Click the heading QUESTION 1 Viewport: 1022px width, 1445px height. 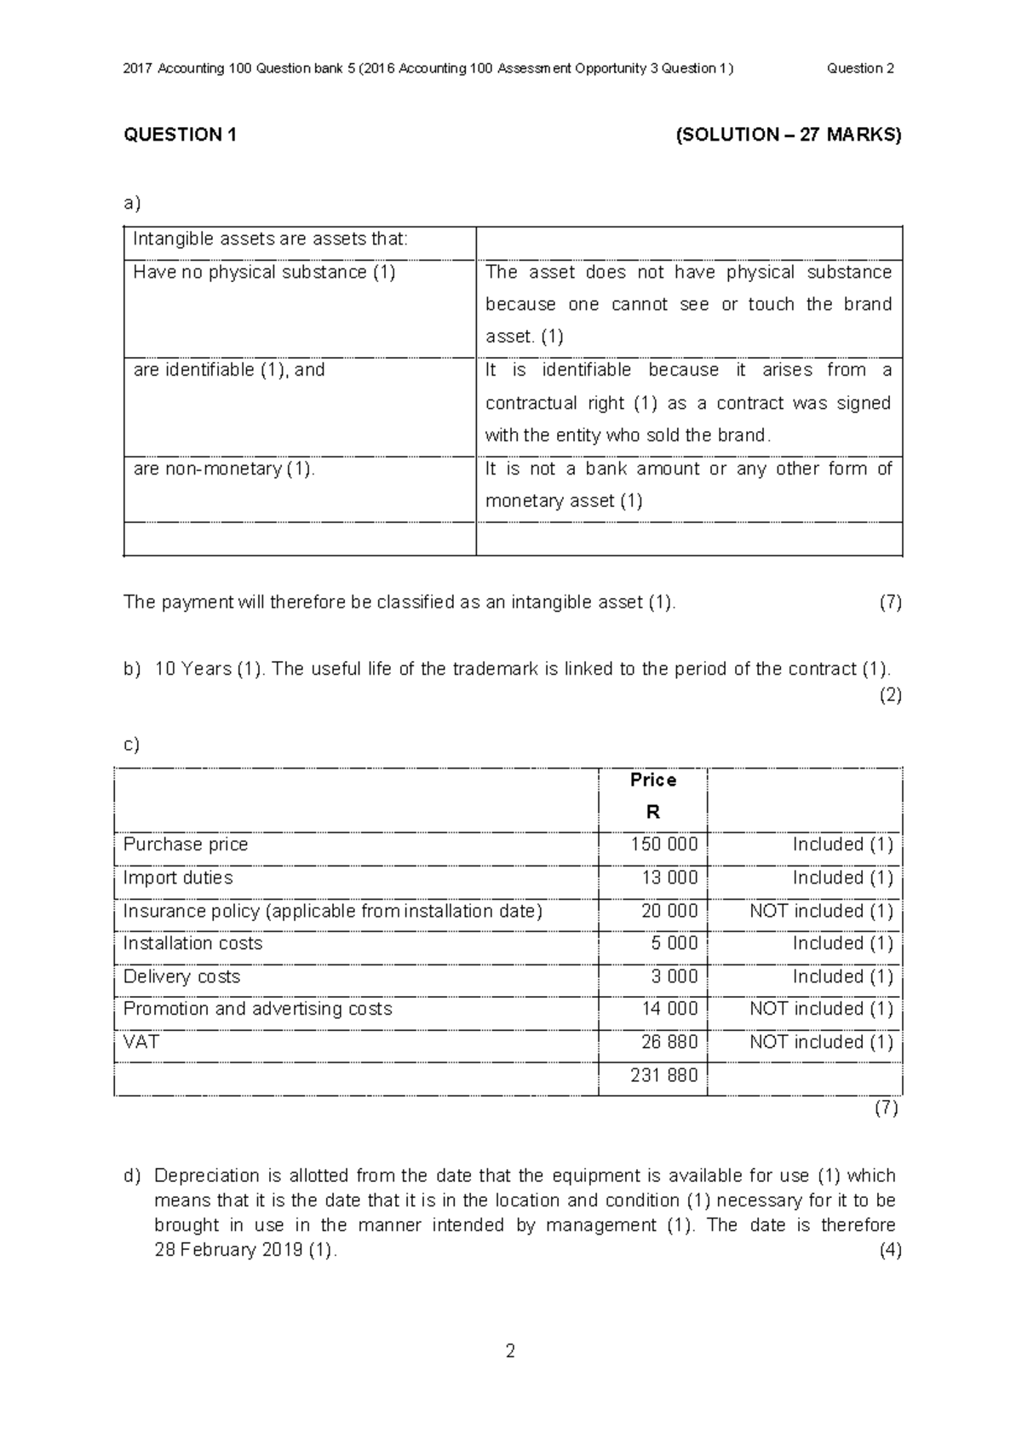point(180,135)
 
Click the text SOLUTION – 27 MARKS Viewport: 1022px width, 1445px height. point(788,135)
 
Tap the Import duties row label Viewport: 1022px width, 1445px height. point(177,878)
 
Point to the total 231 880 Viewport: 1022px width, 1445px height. point(663,1075)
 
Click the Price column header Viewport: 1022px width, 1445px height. point(652,780)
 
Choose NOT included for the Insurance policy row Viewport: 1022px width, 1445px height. point(821,911)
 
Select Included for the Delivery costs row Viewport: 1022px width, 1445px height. point(842,976)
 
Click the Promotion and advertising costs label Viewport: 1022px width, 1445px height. point(257,1009)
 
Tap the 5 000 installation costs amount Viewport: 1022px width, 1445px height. point(674,943)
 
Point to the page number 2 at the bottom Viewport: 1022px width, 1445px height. point(510,1351)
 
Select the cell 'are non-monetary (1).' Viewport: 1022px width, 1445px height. point(224,469)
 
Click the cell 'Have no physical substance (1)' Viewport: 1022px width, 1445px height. point(264,273)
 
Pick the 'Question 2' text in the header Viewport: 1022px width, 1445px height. point(859,68)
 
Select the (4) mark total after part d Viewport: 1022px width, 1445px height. point(890,1250)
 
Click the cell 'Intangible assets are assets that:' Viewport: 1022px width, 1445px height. point(270,239)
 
